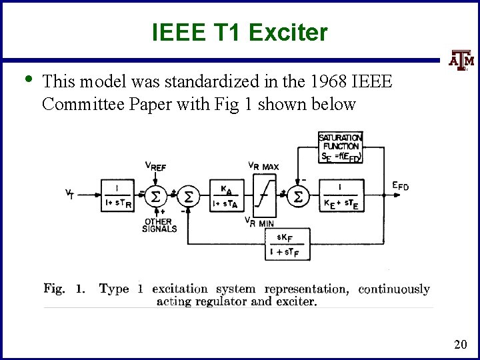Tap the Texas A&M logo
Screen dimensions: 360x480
(459, 62)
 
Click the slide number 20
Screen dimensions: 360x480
(460, 344)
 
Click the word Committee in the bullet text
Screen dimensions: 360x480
(77, 104)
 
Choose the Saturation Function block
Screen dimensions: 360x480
(340, 147)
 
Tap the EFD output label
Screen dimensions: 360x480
(400, 187)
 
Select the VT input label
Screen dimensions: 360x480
(69, 195)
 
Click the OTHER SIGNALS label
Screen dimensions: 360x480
(159, 225)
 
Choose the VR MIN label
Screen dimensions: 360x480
(259, 222)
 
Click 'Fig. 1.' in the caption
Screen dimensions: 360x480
(64, 289)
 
